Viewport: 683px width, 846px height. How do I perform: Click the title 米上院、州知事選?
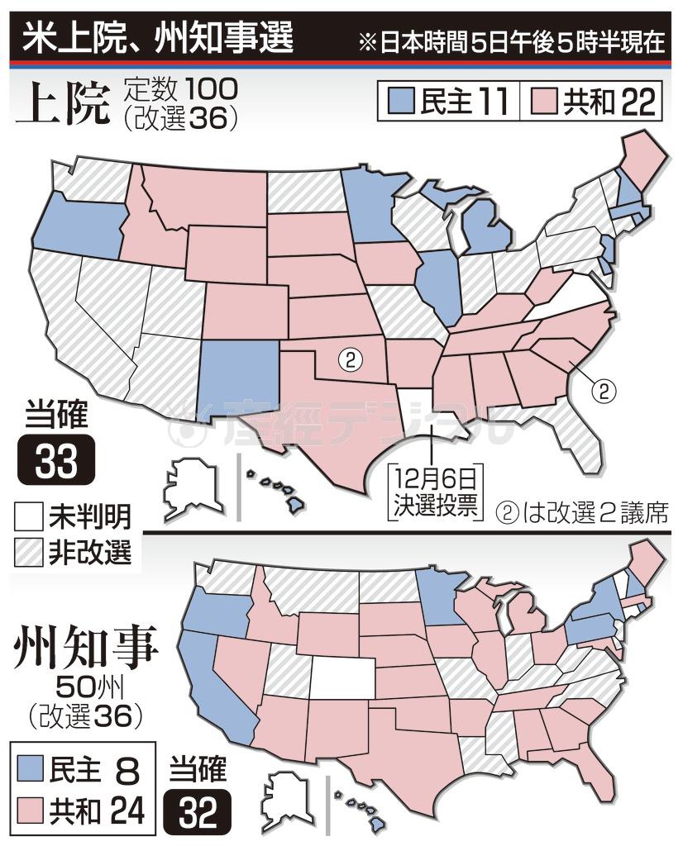(157, 38)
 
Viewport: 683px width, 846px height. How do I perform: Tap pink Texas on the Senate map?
(331, 421)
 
